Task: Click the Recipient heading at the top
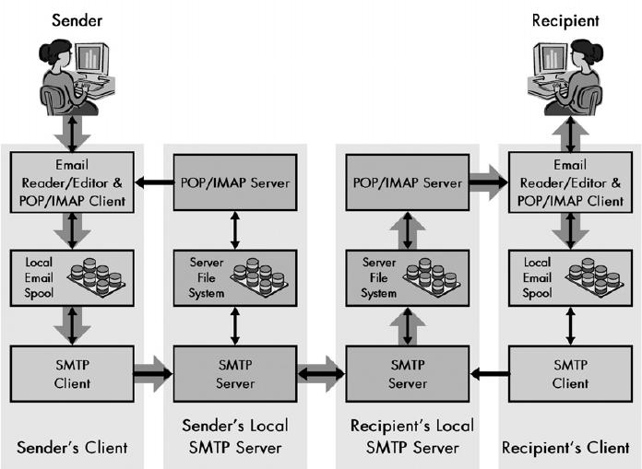coord(565,19)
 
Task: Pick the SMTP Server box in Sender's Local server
coord(235,373)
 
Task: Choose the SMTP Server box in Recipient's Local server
coord(408,373)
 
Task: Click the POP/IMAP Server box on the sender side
coord(235,182)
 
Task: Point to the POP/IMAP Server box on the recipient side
coord(408,182)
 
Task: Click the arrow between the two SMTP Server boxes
coord(321,374)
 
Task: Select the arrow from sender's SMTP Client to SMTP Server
coord(153,373)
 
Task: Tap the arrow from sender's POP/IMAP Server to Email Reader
coord(153,182)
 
